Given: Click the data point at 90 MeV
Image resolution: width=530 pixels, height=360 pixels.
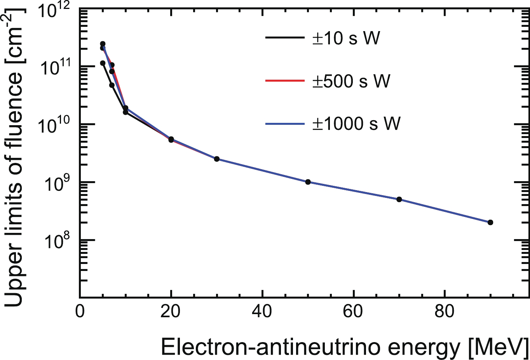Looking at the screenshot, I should tap(490, 222).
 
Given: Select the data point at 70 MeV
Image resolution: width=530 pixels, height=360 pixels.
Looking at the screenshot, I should tap(399, 199).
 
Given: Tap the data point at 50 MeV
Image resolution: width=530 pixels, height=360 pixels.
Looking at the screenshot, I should tap(308, 182).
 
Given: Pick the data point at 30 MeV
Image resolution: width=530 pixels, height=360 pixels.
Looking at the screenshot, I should tap(217, 159).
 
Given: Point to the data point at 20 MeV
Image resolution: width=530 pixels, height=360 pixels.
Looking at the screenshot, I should tap(171, 140).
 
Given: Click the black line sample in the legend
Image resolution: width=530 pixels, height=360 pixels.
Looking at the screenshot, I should tap(284, 38).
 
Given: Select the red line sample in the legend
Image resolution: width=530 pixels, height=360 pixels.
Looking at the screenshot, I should tap(284, 81).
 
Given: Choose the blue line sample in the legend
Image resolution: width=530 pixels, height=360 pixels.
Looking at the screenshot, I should tap(284, 124).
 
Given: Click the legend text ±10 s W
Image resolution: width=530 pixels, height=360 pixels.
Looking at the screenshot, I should tap(346, 38).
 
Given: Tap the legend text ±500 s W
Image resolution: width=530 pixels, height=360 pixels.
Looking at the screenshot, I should tap(351, 81).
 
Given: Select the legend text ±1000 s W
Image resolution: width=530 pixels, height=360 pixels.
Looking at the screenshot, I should tap(356, 124).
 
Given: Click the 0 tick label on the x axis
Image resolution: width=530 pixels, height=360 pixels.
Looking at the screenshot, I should tap(80, 311).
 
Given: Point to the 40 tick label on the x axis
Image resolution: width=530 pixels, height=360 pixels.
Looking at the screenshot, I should tap(263, 311).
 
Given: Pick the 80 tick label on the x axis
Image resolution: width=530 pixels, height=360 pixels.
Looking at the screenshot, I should tap(445, 311).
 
